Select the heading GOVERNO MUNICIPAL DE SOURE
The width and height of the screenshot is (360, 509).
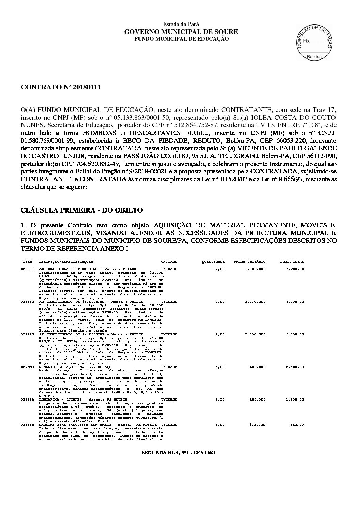pyautogui.click(x=181, y=32)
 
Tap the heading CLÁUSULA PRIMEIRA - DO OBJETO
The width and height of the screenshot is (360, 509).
pyautogui.click(x=82, y=210)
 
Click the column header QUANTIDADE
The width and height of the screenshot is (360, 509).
pyautogui.click(x=213, y=262)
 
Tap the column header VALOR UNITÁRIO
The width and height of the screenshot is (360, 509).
pyautogui.click(x=249, y=262)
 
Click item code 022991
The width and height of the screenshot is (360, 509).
pyautogui.click(x=27, y=269)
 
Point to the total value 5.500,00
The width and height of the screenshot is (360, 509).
pyautogui.click(x=295, y=334)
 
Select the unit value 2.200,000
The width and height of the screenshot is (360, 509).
pyautogui.click(x=255, y=302)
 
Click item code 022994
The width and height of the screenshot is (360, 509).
pyautogui.click(x=27, y=367)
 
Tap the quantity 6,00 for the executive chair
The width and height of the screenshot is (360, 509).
pyautogui.click(x=220, y=425)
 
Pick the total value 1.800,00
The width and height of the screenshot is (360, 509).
pyautogui.click(x=295, y=400)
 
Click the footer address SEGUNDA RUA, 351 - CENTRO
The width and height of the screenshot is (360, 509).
pyautogui.click(x=178, y=453)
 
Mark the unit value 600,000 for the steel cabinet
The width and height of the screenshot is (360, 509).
pyautogui.click(x=258, y=367)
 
